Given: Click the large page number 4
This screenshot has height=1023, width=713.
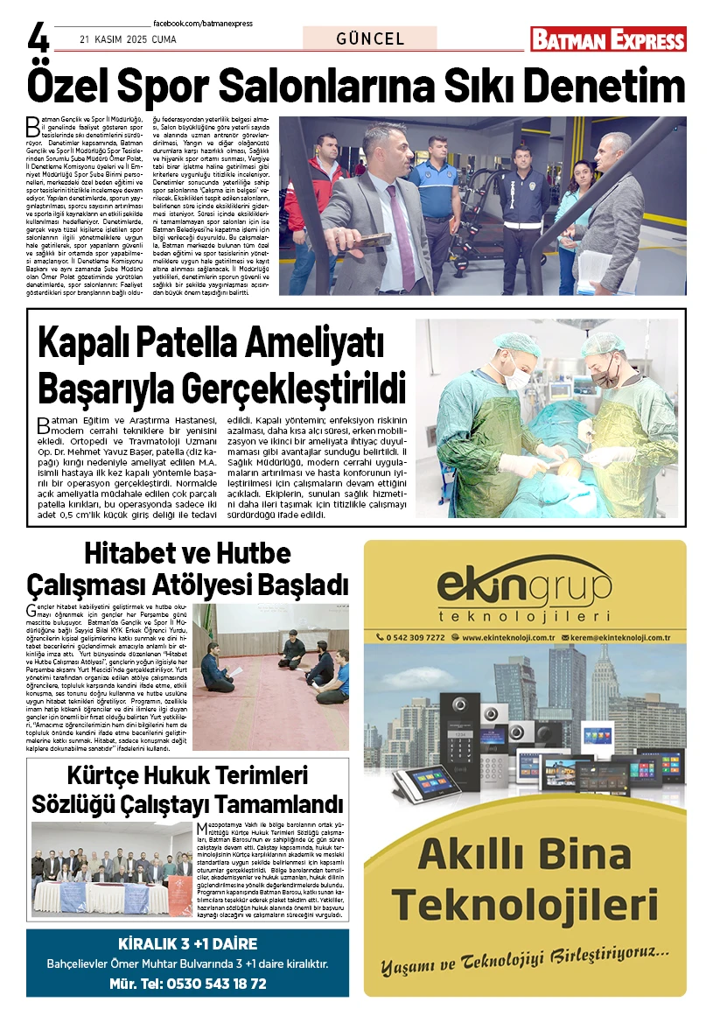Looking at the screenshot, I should pyautogui.click(x=38, y=36).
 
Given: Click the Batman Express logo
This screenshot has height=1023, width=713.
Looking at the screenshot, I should pyautogui.click(x=608, y=39).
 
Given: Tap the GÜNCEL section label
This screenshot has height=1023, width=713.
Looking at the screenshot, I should pyautogui.click(x=370, y=39).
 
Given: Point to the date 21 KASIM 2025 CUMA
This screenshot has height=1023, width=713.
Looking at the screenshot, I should pyautogui.click(x=115, y=39).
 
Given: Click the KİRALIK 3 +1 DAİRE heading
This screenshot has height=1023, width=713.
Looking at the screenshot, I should pyautogui.click(x=187, y=944).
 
